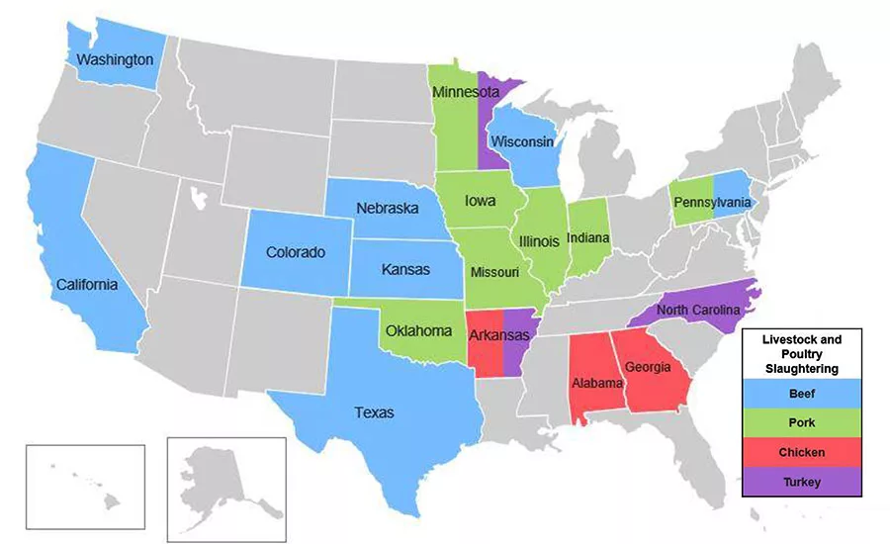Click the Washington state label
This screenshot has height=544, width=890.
(x=115, y=59)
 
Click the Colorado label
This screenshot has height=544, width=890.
(x=296, y=252)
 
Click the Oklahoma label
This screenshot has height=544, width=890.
(x=419, y=330)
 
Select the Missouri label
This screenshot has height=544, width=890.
(x=493, y=271)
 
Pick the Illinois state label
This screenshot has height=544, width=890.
(x=539, y=240)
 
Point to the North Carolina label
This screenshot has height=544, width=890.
(x=699, y=309)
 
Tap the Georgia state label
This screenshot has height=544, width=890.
(x=648, y=368)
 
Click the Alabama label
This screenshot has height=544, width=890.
(x=595, y=382)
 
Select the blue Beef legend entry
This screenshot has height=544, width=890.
(x=801, y=393)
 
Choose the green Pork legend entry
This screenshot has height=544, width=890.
(x=801, y=422)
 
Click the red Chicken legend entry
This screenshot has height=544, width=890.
(x=801, y=452)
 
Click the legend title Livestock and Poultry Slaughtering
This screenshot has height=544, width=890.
(x=801, y=353)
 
